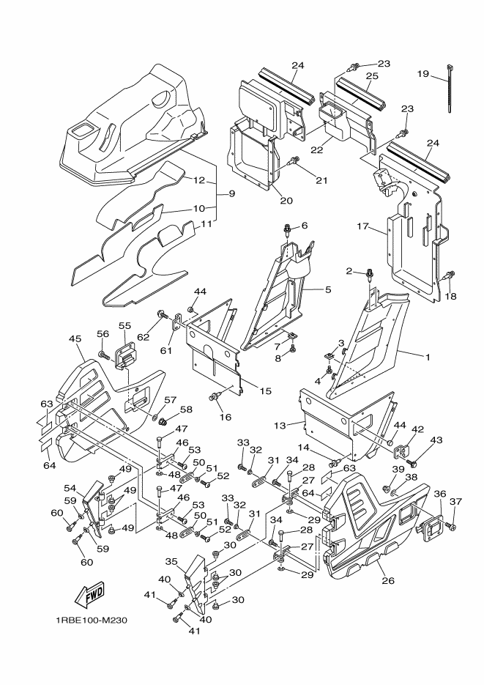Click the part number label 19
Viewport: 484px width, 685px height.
pos(422,73)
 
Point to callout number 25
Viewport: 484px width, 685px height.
pos(371,76)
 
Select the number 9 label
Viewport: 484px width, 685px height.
pos(231,193)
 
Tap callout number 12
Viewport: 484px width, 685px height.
pos(198,179)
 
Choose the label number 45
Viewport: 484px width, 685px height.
pos(75,338)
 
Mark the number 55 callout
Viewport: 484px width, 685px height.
pos(124,325)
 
